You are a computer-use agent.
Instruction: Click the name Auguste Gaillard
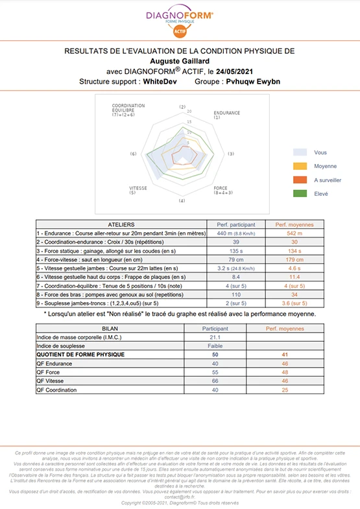coord(180,61)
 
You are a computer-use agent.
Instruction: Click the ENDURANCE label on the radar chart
coord(226,115)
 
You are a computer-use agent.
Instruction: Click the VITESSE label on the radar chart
coord(138,190)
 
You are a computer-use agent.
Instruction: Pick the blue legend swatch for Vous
coord(299,152)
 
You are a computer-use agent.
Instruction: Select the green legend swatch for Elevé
coord(299,193)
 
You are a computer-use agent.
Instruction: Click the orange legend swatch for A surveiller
coord(299,180)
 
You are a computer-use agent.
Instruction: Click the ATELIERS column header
coord(121,224)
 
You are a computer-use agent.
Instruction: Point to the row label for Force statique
coord(104,250)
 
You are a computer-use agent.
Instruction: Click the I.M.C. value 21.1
coord(215,337)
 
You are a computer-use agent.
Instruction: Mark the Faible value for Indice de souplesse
coord(215,346)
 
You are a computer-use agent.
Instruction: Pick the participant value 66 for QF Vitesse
coord(215,381)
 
